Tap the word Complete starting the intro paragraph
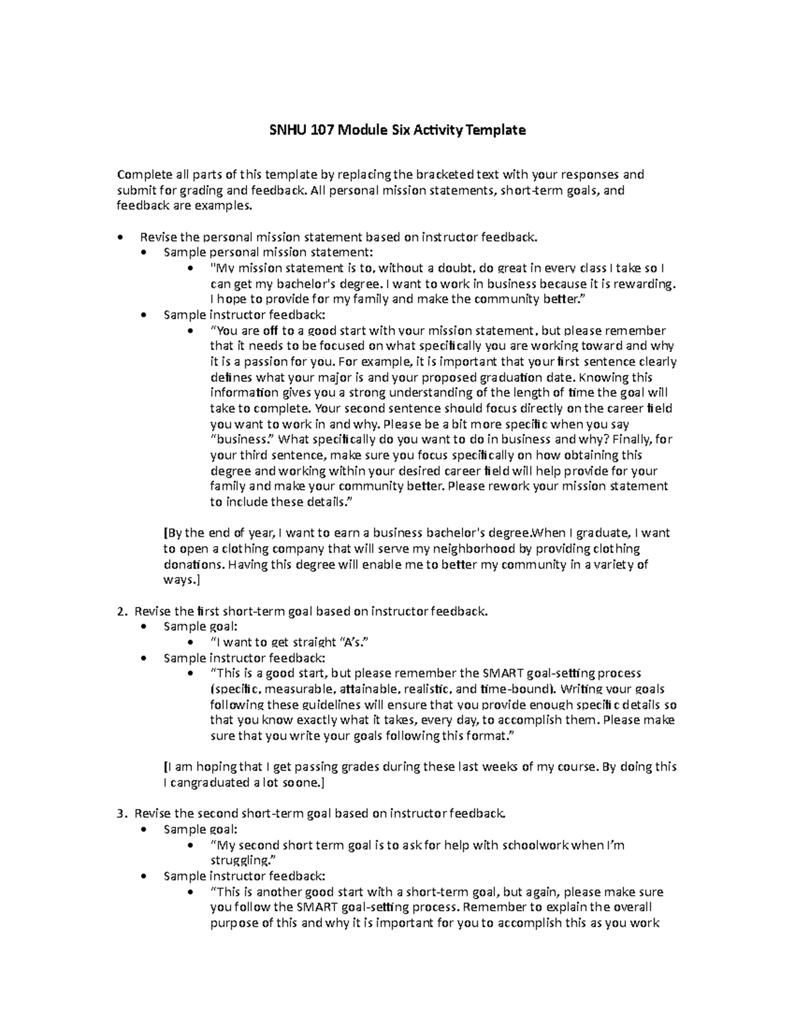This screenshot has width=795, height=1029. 144,175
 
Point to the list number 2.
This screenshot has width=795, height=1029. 120,611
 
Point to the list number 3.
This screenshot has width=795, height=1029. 120,814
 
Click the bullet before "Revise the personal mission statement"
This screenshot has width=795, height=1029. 119,237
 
